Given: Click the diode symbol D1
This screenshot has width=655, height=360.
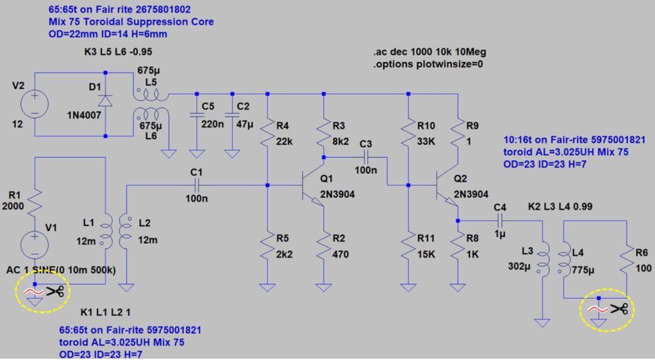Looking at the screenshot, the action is click(x=105, y=101).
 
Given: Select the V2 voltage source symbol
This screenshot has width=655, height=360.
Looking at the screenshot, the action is click(x=35, y=104).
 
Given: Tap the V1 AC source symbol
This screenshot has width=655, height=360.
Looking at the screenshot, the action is click(x=35, y=245).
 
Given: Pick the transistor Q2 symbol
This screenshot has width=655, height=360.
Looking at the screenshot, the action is click(x=447, y=191).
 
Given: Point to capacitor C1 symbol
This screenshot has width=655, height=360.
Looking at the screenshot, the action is click(x=197, y=185).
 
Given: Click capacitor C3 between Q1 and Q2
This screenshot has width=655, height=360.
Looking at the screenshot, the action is click(x=366, y=158).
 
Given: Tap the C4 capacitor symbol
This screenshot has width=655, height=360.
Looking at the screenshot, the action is click(x=500, y=220).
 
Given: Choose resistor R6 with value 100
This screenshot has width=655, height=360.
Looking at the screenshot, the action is click(x=627, y=261).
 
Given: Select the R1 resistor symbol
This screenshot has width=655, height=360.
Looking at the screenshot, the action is click(x=35, y=202).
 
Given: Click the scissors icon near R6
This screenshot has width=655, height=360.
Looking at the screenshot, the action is click(x=619, y=309).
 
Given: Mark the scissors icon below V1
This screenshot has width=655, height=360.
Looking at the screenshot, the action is click(x=54, y=291).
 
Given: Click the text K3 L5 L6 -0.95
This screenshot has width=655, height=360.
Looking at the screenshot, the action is click(x=118, y=52).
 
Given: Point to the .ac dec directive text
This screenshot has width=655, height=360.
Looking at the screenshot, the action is click(x=429, y=53).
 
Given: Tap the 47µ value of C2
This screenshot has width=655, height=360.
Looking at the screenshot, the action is click(x=245, y=124).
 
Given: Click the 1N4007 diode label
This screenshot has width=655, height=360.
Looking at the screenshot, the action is click(x=84, y=115).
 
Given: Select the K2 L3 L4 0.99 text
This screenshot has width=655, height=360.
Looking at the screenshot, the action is click(x=560, y=206).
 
